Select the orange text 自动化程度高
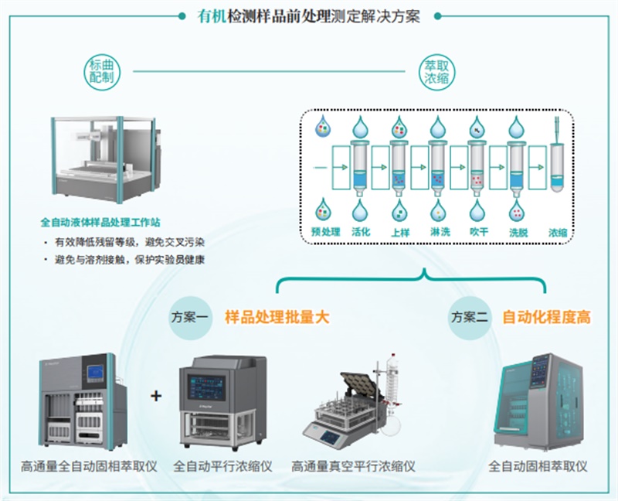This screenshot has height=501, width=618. click(546, 317)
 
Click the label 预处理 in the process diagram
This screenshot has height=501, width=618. click(325, 231)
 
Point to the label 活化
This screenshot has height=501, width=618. click(362, 231)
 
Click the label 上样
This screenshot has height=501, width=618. click(400, 231)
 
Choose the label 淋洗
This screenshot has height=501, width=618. click(439, 231)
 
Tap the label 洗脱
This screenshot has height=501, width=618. click(517, 231)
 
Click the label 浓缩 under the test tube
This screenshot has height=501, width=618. click(558, 231)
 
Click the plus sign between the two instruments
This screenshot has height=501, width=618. click(156, 396)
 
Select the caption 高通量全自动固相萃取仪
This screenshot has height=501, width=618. click(90, 466)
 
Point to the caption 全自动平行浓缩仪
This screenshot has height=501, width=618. click(222, 466)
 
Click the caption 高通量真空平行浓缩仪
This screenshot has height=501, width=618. click(353, 466)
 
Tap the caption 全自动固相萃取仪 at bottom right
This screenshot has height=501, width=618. click(538, 466)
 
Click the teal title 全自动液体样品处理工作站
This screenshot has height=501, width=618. click(106, 223)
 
